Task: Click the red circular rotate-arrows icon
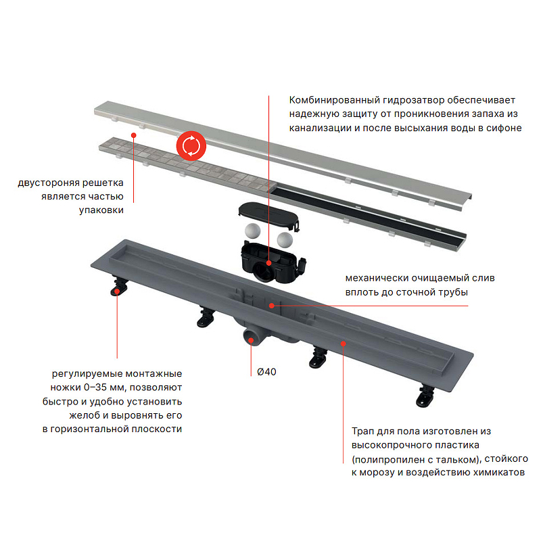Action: tap(191, 146)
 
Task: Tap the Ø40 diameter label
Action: tap(266, 371)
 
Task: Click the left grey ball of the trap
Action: tap(252, 231)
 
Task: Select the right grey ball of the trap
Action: tap(285, 239)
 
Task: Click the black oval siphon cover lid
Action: tap(268, 214)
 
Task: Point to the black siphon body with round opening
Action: tap(273, 263)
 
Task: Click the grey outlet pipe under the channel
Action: tap(254, 335)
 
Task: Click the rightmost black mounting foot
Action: tap(425, 396)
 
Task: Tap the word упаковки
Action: tap(101, 210)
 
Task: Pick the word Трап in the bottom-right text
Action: tap(362, 431)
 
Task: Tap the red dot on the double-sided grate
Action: tap(133, 135)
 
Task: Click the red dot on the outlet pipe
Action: tap(251, 340)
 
